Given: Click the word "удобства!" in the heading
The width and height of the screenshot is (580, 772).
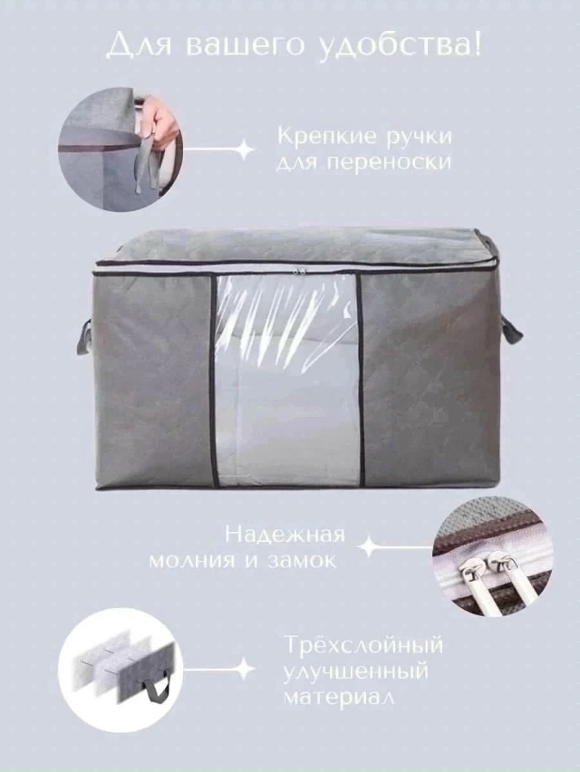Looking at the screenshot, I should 401,45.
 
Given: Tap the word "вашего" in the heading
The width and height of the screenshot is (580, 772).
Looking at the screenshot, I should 250,45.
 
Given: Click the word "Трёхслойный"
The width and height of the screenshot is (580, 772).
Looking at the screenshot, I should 363,648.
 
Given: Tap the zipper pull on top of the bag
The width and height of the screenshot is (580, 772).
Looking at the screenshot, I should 292,269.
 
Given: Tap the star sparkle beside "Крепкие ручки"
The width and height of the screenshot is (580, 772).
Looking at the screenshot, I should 243,150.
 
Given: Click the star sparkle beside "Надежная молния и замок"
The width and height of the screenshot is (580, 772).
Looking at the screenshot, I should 368,547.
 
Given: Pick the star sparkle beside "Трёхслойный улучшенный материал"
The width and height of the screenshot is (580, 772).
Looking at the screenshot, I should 242,671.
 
